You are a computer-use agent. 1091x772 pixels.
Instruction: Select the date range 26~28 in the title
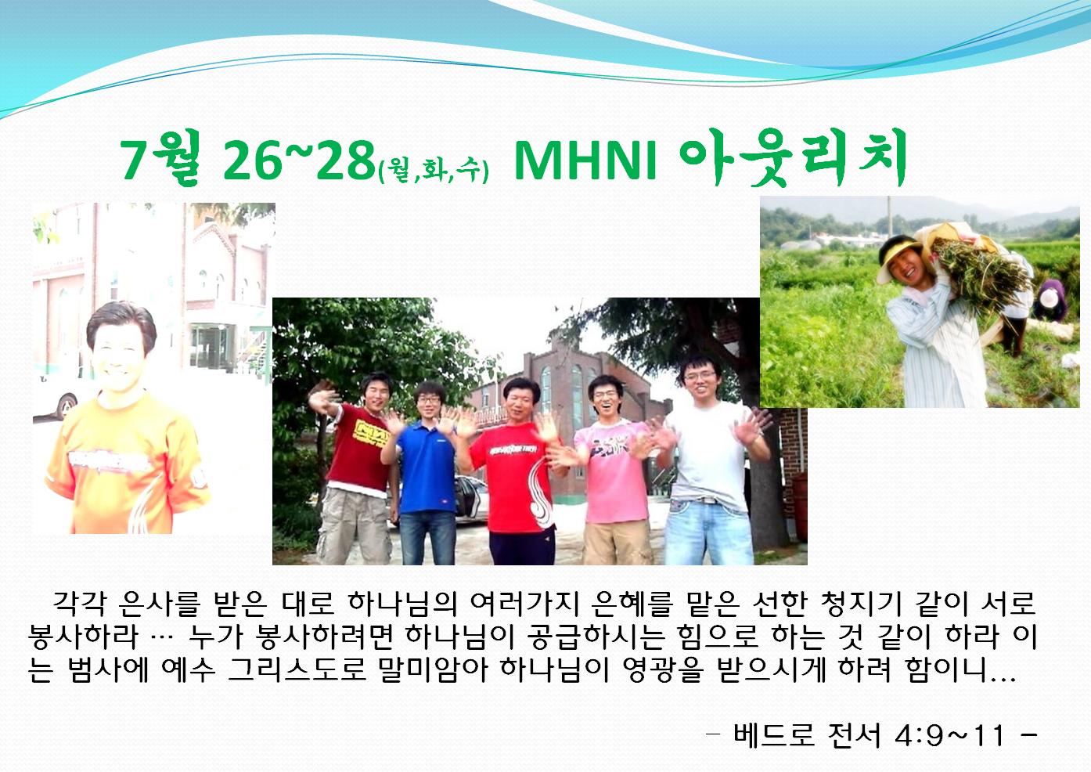[298, 160]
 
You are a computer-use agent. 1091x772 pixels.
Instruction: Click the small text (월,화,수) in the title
[434, 170]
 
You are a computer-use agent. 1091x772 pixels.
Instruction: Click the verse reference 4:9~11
[950, 735]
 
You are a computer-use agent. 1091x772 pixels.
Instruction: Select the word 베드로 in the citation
[774, 735]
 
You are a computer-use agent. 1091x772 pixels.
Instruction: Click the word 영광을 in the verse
[664, 669]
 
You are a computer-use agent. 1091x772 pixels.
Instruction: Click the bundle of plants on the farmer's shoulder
[979, 273]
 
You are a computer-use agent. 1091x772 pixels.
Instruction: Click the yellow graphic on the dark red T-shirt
[371, 433]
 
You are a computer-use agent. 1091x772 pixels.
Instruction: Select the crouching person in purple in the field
[1053, 301]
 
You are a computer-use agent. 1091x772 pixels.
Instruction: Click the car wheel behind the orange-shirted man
[67, 406]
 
